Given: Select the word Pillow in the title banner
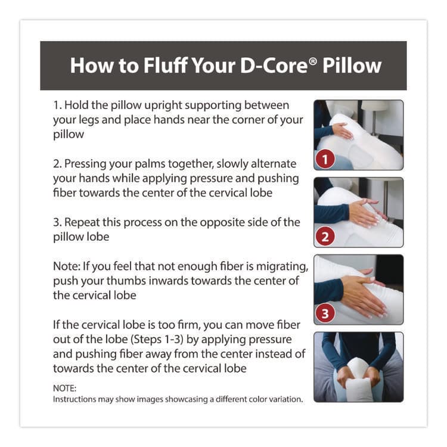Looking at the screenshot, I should click(351, 65).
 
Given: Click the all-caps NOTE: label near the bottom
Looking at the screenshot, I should click(66, 387).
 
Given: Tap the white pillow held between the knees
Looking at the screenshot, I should click(358, 381).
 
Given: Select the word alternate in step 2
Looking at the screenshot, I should click(272, 163).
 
